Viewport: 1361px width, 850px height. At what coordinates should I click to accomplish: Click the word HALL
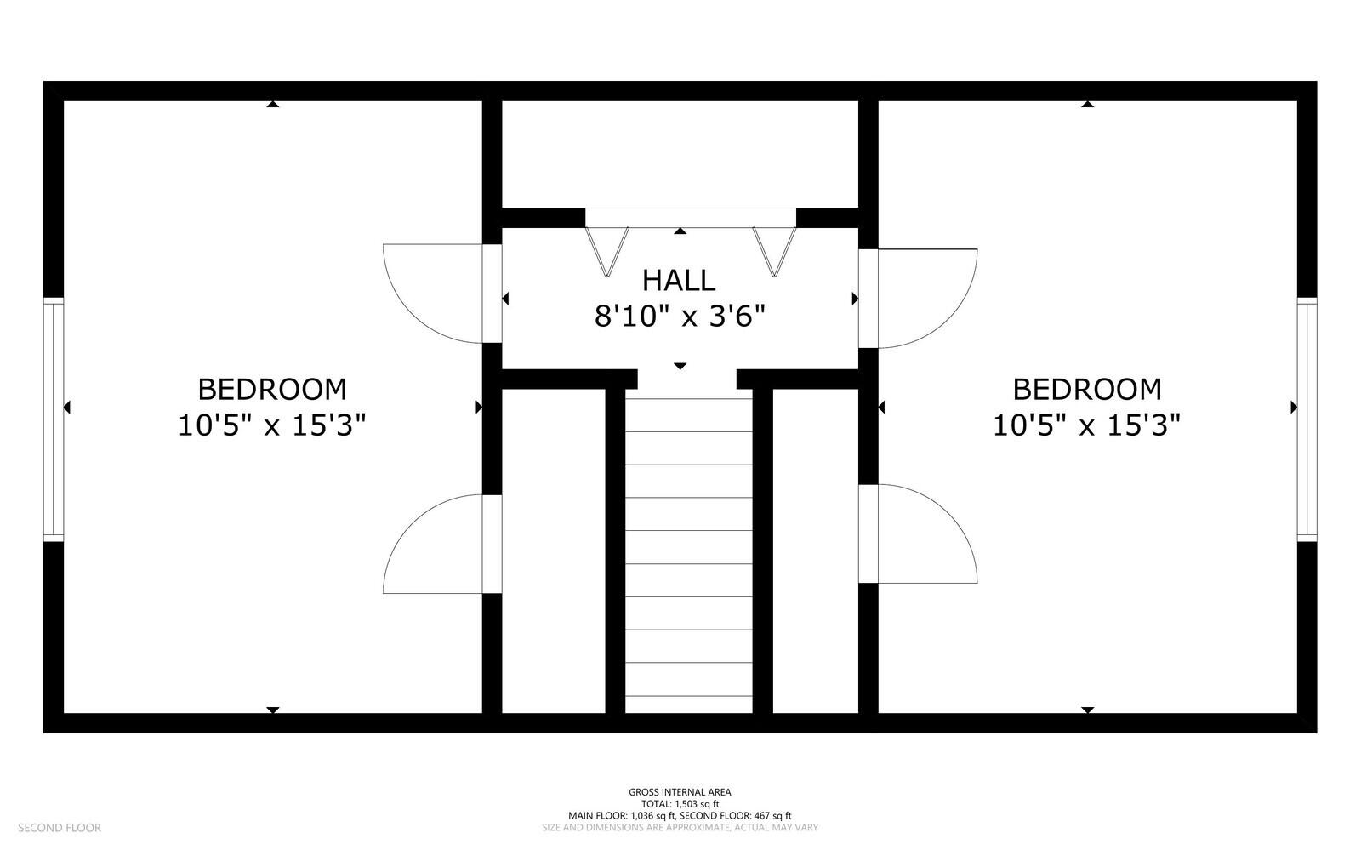[x=679, y=281]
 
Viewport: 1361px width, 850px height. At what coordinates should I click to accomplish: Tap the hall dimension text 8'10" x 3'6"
[x=680, y=317]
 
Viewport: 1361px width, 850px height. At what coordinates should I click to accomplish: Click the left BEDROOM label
[x=272, y=390]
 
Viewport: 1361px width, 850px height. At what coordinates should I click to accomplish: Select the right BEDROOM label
[x=1087, y=390]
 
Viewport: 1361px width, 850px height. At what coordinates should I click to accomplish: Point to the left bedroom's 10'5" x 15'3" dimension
[x=272, y=425]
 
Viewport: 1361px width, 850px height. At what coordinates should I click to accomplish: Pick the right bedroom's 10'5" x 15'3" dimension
[x=1087, y=425]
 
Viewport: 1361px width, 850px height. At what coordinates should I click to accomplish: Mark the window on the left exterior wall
[x=54, y=419]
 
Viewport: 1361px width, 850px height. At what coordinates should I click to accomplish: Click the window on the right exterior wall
[x=1307, y=419]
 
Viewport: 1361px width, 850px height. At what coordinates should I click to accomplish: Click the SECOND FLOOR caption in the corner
[x=60, y=828]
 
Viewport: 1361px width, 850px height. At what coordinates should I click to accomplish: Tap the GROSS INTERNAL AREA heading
[x=680, y=791]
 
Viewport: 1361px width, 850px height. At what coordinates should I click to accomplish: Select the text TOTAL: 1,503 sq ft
[x=680, y=804]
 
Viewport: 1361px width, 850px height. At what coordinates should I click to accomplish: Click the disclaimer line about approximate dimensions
[x=680, y=828]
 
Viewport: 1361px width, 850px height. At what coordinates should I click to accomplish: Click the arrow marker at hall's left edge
[x=505, y=299]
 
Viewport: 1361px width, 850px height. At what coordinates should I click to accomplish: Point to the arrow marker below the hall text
[x=680, y=366]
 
